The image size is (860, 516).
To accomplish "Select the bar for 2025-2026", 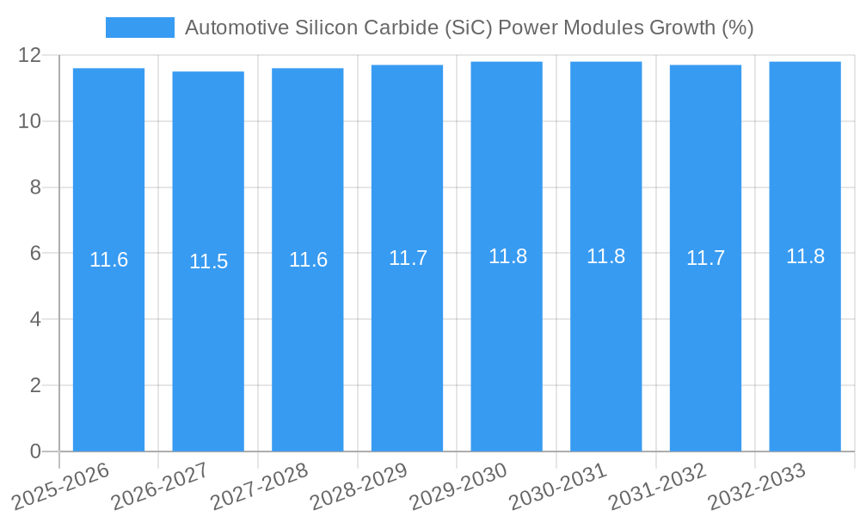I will (108, 344).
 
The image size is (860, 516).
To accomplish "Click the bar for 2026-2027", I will (208, 344).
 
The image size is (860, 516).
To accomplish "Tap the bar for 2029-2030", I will (507, 344).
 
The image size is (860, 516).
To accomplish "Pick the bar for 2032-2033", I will (805, 344).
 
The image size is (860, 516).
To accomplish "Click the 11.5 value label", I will (208, 261).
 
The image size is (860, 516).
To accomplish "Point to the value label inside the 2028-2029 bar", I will (408, 258).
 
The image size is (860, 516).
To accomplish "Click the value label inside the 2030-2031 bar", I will (606, 256).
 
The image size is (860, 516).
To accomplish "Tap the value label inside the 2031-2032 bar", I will (705, 258).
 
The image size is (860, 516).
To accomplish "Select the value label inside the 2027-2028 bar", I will (308, 260).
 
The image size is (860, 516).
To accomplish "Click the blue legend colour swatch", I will (139, 28).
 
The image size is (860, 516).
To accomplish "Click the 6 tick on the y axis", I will (35, 253).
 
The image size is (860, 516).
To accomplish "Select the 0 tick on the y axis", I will (35, 451).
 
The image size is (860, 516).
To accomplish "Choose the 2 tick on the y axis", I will (35, 385).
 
